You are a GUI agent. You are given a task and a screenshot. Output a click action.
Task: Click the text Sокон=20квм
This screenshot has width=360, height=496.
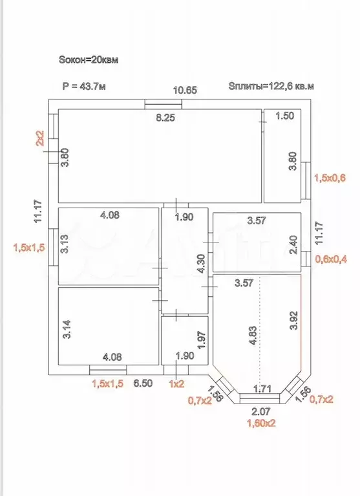tap(89, 59)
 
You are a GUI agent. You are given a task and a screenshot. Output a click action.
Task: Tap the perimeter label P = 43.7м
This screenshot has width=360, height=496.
tap(84, 86)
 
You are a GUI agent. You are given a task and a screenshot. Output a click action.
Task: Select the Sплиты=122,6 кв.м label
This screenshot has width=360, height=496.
tap(271, 86)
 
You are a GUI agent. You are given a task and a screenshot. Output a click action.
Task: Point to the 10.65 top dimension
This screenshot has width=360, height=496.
tap(185, 90)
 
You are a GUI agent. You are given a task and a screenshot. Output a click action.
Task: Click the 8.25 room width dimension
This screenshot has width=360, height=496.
tap(165, 118)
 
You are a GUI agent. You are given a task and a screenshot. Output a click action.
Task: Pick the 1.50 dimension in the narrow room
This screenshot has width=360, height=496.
tap(285, 116)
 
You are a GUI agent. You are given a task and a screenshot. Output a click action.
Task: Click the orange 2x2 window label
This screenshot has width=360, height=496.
tap(41, 138)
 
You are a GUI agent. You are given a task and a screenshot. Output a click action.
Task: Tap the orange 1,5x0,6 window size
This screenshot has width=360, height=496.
tap(330, 178)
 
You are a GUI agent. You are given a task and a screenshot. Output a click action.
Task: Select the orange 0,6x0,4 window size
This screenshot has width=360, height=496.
tap(331, 259)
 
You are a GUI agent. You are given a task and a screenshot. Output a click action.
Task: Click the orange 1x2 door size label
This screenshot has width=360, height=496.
tap(176, 383)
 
